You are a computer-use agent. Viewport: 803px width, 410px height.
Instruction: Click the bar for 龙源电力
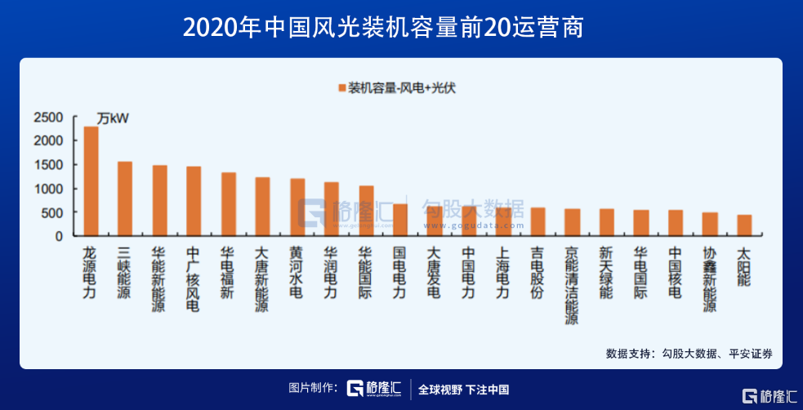point(91,181)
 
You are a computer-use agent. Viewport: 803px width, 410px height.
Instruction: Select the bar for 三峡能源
point(125,198)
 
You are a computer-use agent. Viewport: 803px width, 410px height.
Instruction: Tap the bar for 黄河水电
point(297,207)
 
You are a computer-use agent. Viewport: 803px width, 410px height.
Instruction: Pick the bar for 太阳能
point(743,225)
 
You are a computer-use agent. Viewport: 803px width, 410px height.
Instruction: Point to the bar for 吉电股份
point(538,221)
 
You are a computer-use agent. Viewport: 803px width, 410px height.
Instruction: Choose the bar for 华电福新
point(229,204)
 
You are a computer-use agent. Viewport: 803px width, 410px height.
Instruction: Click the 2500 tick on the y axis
point(48,118)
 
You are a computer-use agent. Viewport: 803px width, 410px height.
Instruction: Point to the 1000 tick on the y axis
point(48,189)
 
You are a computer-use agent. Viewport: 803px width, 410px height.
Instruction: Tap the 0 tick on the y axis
point(58,236)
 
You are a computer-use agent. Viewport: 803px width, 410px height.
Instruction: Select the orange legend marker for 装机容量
point(339,87)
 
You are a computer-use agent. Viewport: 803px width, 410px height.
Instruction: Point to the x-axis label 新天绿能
point(606,271)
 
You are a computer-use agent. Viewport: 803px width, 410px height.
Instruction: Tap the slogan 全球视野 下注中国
point(463,389)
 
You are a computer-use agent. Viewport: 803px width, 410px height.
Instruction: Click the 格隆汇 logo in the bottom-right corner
point(770,395)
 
